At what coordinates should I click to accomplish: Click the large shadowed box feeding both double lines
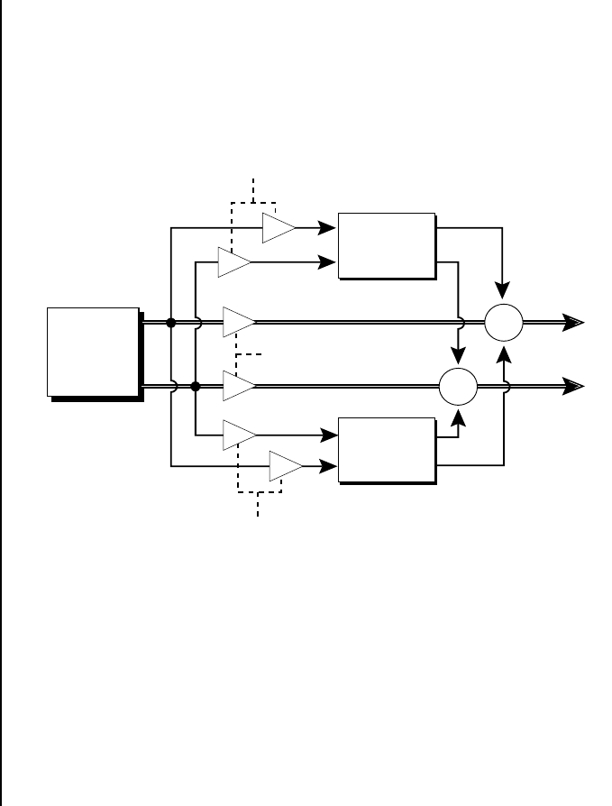tap(94, 352)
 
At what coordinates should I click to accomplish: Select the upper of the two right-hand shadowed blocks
tap(386, 244)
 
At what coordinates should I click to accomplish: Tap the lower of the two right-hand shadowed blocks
tap(386, 450)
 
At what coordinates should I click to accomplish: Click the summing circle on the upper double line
tap(504, 322)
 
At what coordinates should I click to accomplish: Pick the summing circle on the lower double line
tap(458, 387)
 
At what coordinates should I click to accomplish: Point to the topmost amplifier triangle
tap(279, 229)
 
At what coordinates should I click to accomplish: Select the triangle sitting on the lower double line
tap(239, 387)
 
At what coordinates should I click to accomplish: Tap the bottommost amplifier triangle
tap(286, 467)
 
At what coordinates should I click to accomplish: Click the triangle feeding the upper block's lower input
tap(233, 262)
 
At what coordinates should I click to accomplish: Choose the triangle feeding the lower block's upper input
tap(239, 435)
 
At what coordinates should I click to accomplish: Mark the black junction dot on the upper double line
tap(170, 322)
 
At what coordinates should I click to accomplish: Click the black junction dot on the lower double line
tap(195, 387)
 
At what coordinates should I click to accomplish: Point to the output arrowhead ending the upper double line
tap(574, 322)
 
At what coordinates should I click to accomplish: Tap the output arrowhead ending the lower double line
tap(574, 387)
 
